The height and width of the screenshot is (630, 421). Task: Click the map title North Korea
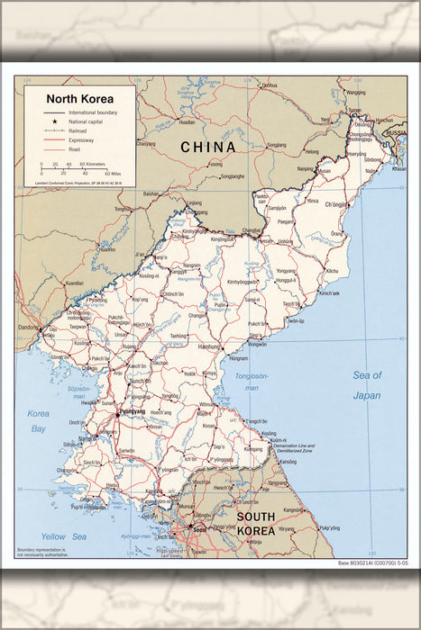point(79,98)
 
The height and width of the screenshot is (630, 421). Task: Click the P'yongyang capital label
point(131,411)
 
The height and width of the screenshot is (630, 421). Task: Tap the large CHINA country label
point(207,147)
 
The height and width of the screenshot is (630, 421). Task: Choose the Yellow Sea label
point(64,536)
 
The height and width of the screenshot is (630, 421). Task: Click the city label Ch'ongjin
point(335,205)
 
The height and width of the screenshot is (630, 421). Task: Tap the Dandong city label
point(29,327)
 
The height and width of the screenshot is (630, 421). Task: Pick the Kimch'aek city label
point(329,293)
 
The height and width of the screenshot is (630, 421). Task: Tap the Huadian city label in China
point(187,121)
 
